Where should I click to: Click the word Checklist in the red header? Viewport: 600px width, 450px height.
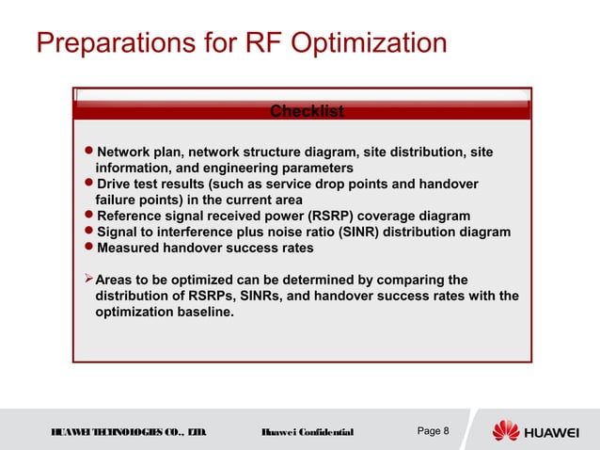click(x=307, y=112)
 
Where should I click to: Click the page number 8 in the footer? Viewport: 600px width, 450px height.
click(x=446, y=431)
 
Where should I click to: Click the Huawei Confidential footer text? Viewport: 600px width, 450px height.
click(x=307, y=432)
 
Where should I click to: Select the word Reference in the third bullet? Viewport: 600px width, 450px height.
click(x=134, y=217)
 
